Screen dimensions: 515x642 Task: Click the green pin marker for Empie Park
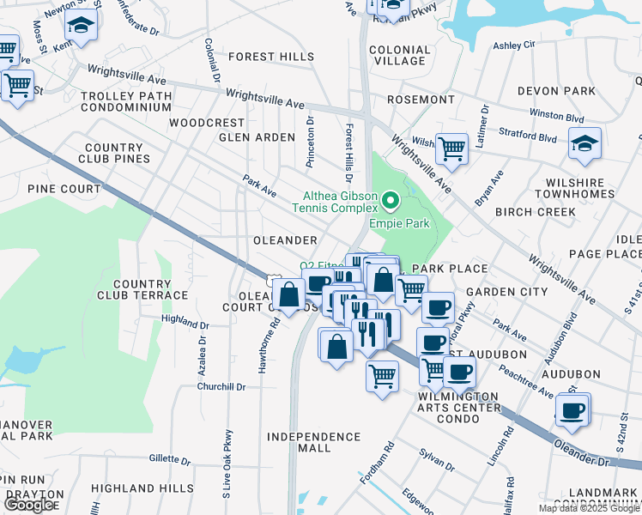(x=391, y=203)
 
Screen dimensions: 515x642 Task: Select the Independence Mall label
(x=313, y=442)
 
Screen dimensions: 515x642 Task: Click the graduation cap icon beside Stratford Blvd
(x=584, y=143)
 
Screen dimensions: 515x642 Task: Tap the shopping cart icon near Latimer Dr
(x=451, y=148)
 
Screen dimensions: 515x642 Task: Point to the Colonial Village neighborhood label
(x=399, y=55)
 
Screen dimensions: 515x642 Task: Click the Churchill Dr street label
(x=221, y=386)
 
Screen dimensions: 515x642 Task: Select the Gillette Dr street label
(x=169, y=459)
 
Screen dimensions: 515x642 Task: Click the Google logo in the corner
(x=29, y=505)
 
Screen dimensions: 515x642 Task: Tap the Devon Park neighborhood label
(x=556, y=90)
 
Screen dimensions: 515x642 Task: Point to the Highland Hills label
(x=142, y=488)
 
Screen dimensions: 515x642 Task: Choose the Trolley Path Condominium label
(x=126, y=101)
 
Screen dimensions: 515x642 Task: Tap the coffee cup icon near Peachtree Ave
(x=572, y=409)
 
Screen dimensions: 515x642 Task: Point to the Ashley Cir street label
(x=514, y=44)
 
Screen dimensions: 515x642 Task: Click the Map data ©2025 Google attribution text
(x=589, y=508)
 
